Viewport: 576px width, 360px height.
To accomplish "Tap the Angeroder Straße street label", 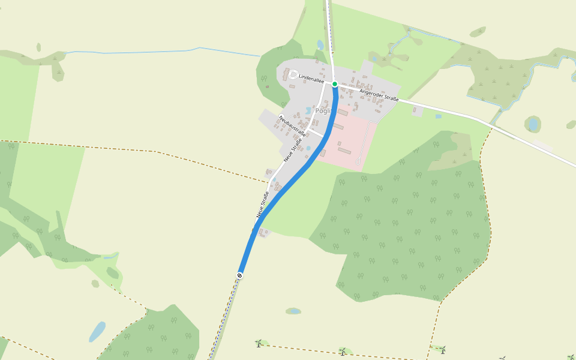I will (379, 95).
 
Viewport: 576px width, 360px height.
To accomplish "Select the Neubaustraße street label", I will (292, 125).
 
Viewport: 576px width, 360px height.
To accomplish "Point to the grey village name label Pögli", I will (323, 112).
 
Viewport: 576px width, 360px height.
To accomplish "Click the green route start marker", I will (335, 84).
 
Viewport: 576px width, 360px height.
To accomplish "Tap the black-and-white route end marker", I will (239, 275).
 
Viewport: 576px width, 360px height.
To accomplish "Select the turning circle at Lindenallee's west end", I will (293, 75).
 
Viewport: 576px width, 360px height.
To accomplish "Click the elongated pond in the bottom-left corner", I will (97, 331).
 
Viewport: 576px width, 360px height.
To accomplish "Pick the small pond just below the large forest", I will (293, 311).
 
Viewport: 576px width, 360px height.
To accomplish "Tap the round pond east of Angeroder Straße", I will (532, 124).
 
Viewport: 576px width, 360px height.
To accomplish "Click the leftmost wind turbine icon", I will (259, 343).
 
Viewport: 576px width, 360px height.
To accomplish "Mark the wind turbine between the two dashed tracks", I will (343, 351).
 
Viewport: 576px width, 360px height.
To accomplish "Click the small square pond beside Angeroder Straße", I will (439, 116).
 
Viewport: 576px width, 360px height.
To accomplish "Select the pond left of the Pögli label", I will (308, 111).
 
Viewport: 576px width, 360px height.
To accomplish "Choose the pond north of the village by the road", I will (320, 45).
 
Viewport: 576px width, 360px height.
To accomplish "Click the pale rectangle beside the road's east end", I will (544, 145).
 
